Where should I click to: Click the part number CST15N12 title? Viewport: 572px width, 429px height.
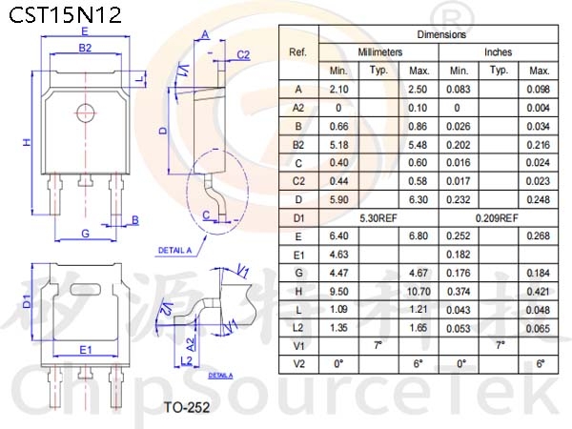[x=65, y=15]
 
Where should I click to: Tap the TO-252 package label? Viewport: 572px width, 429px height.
[x=187, y=407]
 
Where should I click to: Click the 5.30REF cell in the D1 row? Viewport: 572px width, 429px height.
[x=378, y=218]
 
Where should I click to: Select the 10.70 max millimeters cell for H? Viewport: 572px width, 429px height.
[x=419, y=292]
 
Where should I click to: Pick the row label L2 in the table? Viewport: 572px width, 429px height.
[x=298, y=328]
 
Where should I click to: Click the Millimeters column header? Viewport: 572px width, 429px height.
[x=379, y=52]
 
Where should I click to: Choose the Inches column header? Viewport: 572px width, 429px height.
[x=498, y=52]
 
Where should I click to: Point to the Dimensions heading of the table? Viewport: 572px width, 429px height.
[x=441, y=34]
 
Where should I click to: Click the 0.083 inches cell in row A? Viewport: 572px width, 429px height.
[x=459, y=90]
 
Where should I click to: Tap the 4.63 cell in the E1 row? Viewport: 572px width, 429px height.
[x=338, y=255]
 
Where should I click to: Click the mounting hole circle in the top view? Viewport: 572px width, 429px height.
[x=86, y=113]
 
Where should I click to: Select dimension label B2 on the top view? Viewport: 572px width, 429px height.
[x=85, y=48]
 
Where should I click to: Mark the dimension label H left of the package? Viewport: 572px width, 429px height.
[x=28, y=142]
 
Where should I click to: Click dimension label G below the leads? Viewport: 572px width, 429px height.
[x=85, y=234]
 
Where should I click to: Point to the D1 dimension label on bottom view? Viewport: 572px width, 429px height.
[x=28, y=300]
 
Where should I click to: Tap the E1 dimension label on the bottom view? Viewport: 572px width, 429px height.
[x=86, y=350]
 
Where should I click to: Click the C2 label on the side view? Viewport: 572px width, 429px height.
[x=243, y=54]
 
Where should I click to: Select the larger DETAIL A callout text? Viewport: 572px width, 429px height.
[x=174, y=251]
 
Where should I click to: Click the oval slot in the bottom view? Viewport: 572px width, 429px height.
[x=86, y=290]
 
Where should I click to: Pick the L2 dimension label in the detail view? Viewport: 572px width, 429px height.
[x=187, y=361]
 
